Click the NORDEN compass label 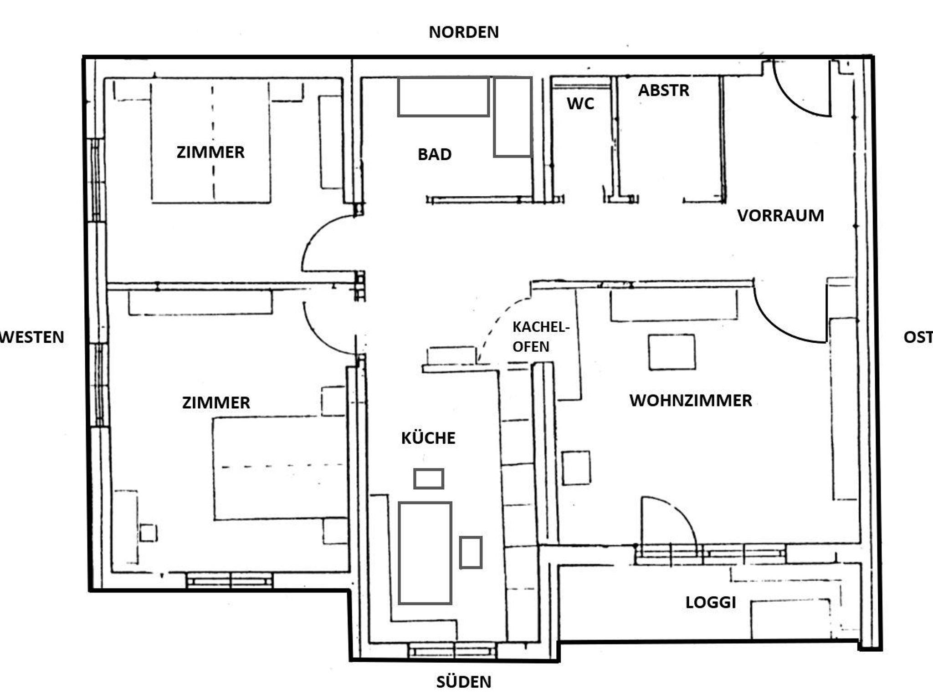(464, 32)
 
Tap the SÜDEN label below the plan (464, 682)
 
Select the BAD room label (435, 155)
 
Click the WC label (580, 104)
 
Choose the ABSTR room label (663, 91)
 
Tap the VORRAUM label (780, 216)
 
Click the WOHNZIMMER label (691, 401)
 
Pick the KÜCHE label (428, 438)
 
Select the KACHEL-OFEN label (541, 337)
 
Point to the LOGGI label (711, 603)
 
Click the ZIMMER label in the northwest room (210, 152)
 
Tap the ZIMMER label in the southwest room (216, 403)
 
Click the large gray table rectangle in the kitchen (425, 553)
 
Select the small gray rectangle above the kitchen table (429, 479)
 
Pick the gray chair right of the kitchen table (471, 553)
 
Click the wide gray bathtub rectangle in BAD (443, 96)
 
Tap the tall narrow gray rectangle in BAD (513, 117)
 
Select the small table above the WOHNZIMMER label (672, 352)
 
